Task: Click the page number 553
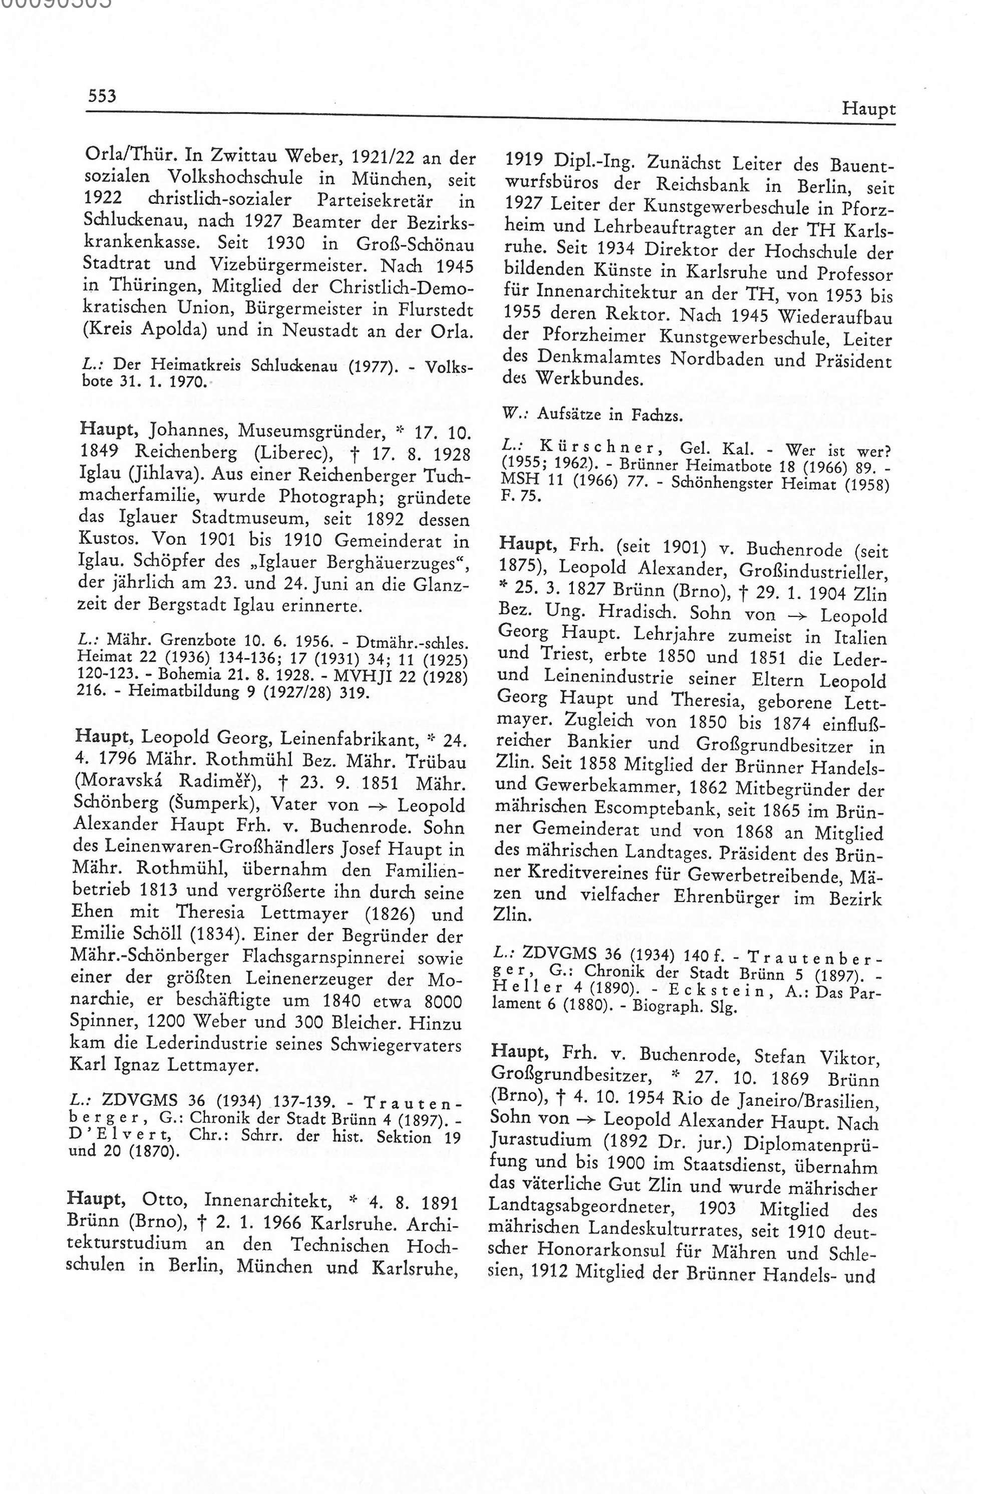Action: coord(102,96)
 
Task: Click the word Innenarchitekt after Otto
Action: coord(267,1202)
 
